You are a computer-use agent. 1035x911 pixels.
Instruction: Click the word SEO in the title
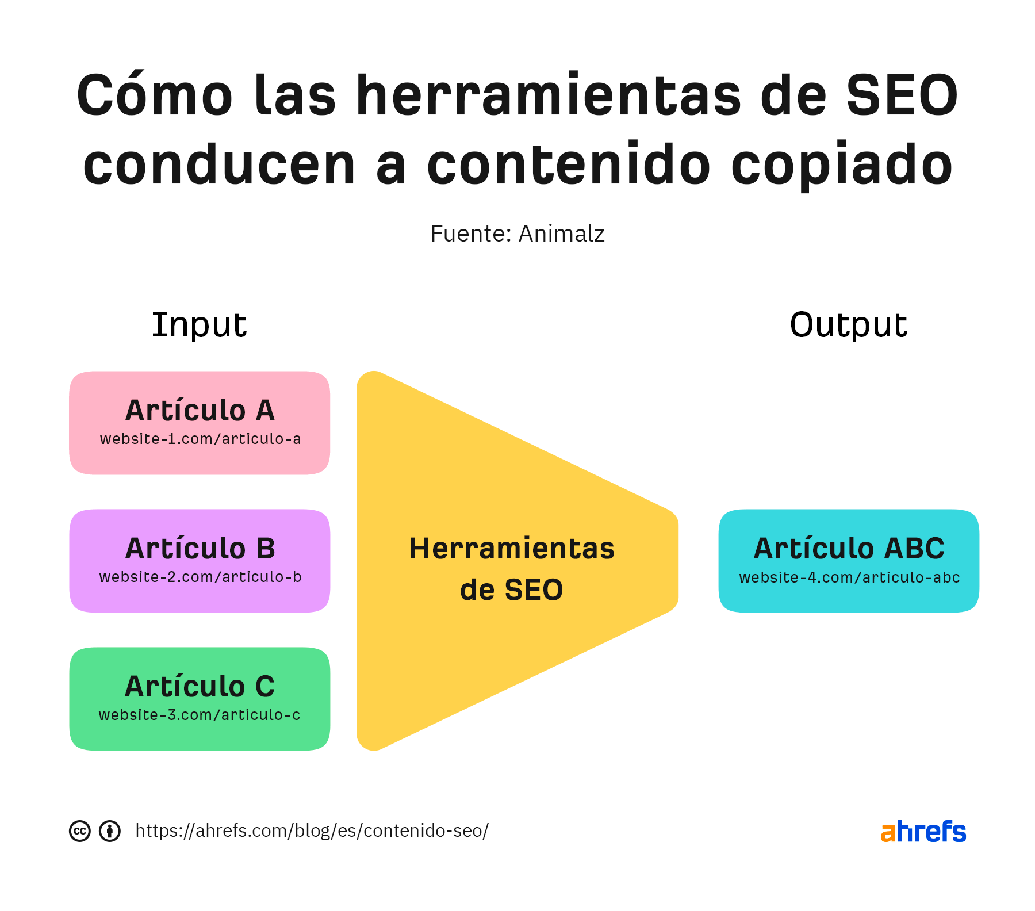pyautogui.click(x=902, y=95)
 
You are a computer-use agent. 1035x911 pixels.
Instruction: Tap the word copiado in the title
pyautogui.click(x=842, y=166)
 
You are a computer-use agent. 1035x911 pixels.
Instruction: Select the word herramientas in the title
pyautogui.click(x=549, y=95)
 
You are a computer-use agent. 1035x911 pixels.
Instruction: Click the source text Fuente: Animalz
pyautogui.click(x=517, y=234)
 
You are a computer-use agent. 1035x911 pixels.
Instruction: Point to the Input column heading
pyautogui.click(x=199, y=325)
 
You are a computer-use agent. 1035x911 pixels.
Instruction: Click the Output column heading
pyautogui.click(x=848, y=325)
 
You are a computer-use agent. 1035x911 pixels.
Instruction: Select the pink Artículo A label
pyautogui.click(x=200, y=411)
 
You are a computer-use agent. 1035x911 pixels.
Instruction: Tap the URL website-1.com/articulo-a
pyautogui.click(x=200, y=439)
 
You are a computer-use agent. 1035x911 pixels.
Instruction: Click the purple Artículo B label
pyautogui.click(x=200, y=549)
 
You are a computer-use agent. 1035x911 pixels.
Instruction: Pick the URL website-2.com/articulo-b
pyautogui.click(x=200, y=577)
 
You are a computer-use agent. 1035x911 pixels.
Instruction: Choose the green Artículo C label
pyautogui.click(x=200, y=687)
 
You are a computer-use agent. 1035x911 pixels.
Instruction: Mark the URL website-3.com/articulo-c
pyautogui.click(x=200, y=715)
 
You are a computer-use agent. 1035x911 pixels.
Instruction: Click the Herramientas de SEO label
pyautogui.click(x=512, y=569)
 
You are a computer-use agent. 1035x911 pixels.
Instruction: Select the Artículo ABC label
pyautogui.click(x=849, y=549)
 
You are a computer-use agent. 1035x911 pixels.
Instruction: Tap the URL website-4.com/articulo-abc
pyautogui.click(x=849, y=578)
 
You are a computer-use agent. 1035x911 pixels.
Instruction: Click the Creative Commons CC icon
pyautogui.click(x=80, y=831)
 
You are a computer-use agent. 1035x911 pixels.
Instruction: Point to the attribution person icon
pyautogui.click(x=110, y=831)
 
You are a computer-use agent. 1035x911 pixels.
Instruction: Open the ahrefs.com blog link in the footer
pyautogui.click(x=312, y=831)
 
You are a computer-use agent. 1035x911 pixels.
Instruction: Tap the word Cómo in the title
pyautogui.click(x=155, y=95)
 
